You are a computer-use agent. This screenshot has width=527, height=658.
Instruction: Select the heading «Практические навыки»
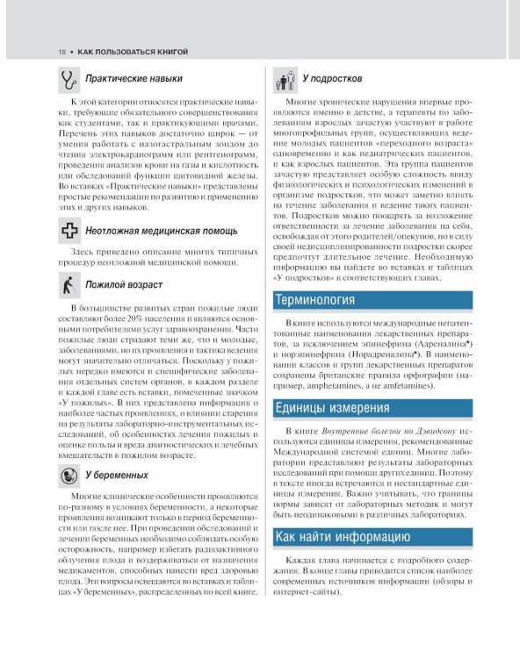(x=134, y=80)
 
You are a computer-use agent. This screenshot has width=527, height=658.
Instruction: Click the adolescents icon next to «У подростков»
(x=285, y=80)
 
